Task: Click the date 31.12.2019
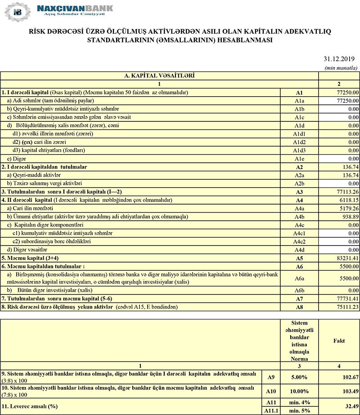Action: pyautogui.click(x=339, y=59)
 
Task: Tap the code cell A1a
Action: pyautogui.click(x=299, y=101)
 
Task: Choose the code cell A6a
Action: pyautogui.click(x=299, y=278)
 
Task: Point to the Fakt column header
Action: pyautogui.click(x=338, y=341)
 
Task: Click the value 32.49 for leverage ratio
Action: pyautogui.click(x=350, y=406)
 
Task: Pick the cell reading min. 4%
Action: pyautogui.click(x=299, y=402)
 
